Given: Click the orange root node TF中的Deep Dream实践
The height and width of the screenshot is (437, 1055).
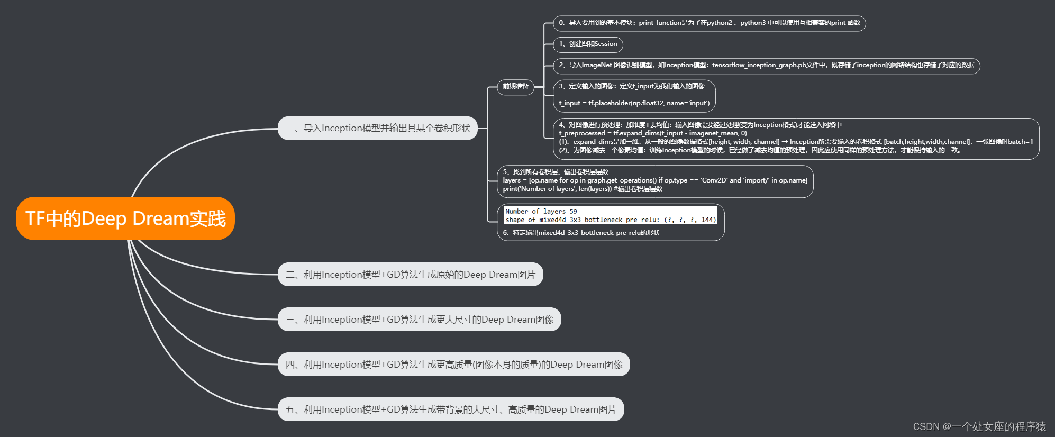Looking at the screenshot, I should coord(125,218).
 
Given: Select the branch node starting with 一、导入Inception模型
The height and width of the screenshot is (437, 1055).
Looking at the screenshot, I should coord(377,129).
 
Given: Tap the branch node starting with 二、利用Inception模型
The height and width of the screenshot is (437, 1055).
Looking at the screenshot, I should coord(410,275).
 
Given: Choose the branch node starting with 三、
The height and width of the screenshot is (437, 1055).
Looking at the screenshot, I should coord(419,320).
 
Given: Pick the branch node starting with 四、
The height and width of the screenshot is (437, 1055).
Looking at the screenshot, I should coord(453,365).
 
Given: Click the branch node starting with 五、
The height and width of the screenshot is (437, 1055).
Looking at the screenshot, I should coord(451,409).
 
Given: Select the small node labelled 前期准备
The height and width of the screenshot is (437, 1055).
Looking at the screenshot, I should coord(515,86).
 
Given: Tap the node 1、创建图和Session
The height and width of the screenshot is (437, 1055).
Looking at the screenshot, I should coord(588,44).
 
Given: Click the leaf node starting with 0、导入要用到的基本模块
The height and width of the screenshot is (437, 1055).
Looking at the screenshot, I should coord(709,23).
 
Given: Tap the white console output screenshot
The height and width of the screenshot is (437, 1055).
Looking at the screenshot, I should coord(611,215).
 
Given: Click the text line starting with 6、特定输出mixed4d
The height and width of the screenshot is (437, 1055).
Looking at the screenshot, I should coord(581,233).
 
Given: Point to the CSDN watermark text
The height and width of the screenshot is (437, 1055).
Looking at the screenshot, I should coord(979,426).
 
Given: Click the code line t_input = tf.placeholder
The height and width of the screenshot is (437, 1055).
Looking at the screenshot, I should coord(634,103).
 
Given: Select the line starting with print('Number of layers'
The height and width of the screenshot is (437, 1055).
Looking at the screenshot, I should coord(582,189).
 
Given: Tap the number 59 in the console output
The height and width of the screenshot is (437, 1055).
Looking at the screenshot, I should coord(573,211).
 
